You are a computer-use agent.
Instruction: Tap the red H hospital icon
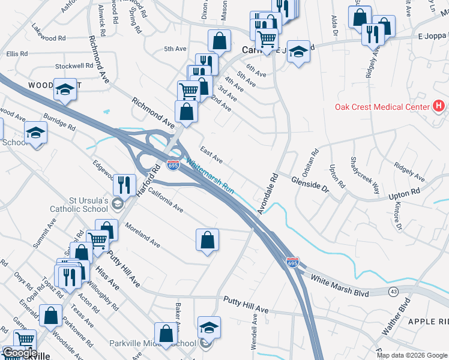(439, 106)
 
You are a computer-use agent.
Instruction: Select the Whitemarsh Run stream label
(209, 175)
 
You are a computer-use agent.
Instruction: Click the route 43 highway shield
(393, 291)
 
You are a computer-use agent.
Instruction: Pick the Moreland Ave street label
(142, 235)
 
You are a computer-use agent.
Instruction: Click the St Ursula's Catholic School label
(79, 204)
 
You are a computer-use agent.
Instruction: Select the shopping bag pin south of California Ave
(207, 240)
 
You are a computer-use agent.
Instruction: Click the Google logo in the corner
(19, 353)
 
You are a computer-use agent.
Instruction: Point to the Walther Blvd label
(396, 316)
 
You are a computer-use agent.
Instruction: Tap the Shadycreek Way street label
(365, 176)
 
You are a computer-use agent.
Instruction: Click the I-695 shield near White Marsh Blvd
(292, 263)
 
